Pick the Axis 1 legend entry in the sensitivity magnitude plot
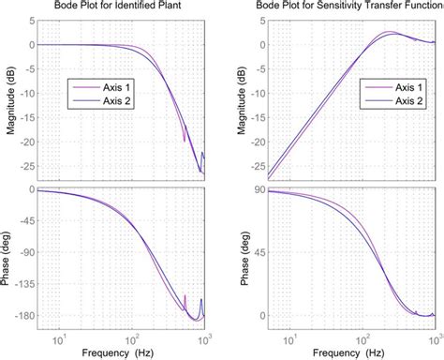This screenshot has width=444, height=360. pos(406,87)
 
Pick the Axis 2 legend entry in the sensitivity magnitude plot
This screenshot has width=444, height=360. pos(406,102)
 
